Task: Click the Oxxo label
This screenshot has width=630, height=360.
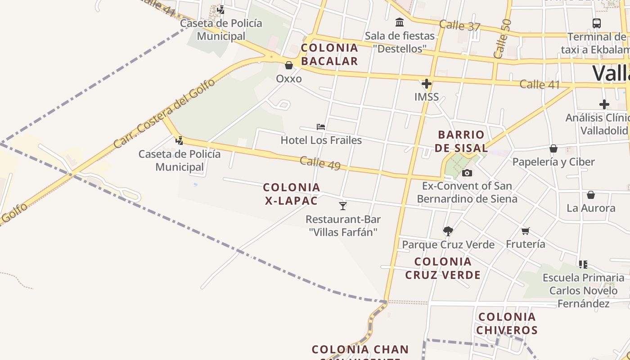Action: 288,79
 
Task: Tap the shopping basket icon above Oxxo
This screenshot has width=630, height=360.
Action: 289,66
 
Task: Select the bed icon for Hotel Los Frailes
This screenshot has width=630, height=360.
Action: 321,127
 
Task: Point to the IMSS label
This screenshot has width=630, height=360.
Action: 426,97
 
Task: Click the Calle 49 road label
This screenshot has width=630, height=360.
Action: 320,163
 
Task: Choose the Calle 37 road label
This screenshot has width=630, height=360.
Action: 460,26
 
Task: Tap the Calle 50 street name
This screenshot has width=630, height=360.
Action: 503,39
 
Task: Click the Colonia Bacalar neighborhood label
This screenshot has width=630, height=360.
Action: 329,54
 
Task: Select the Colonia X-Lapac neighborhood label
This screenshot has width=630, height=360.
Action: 292,194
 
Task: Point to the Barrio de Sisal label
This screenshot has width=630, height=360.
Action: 461,141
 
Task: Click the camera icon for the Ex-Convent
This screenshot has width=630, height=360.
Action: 467,173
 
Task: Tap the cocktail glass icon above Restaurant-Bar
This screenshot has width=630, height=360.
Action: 343,206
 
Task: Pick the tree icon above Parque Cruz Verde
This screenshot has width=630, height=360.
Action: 448,231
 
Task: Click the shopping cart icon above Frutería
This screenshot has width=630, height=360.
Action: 525,231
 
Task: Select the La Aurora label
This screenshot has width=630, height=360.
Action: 591,208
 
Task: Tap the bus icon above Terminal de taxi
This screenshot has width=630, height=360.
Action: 597,23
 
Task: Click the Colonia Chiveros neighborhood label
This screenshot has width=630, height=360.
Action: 507,324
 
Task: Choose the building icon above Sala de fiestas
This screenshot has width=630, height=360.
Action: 399,22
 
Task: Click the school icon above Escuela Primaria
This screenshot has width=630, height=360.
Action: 583,264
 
